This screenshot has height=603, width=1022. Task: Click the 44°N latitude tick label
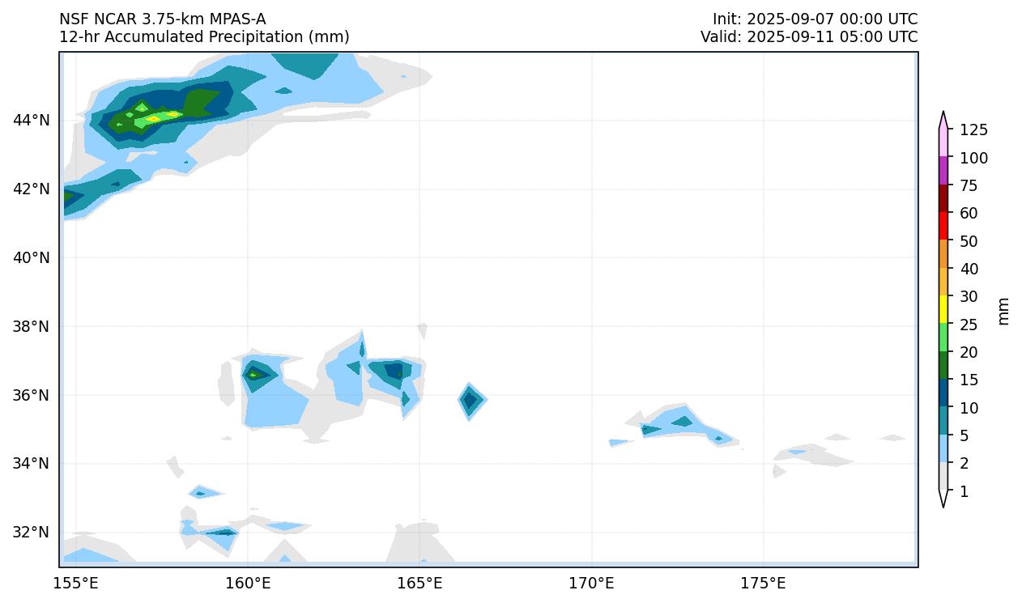point(32,121)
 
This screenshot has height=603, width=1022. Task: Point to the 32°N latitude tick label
point(32,533)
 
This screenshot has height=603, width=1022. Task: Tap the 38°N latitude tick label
point(32,326)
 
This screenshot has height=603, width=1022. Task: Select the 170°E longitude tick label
point(591,583)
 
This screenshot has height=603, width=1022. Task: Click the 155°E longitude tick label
point(76,583)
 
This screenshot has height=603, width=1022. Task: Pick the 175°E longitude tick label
point(763,583)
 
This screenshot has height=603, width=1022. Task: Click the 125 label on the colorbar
point(973,130)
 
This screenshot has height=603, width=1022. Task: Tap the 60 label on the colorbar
point(969,214)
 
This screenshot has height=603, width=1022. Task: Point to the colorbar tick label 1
point(964,491)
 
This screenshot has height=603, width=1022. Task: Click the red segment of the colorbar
point(943,225)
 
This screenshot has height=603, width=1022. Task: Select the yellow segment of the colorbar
point(943,308)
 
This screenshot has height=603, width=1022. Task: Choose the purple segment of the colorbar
point(943,170)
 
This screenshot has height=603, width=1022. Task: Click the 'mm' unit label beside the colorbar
point(1003,311)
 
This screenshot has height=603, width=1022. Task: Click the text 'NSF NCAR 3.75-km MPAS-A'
point(162,19)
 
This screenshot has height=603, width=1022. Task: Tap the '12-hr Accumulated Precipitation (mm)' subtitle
point(204,37)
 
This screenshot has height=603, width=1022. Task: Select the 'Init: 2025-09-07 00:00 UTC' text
point(815,19)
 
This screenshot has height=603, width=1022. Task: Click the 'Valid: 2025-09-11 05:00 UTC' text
point(809,37)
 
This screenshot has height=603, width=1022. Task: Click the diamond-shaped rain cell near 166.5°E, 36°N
point(471,400)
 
